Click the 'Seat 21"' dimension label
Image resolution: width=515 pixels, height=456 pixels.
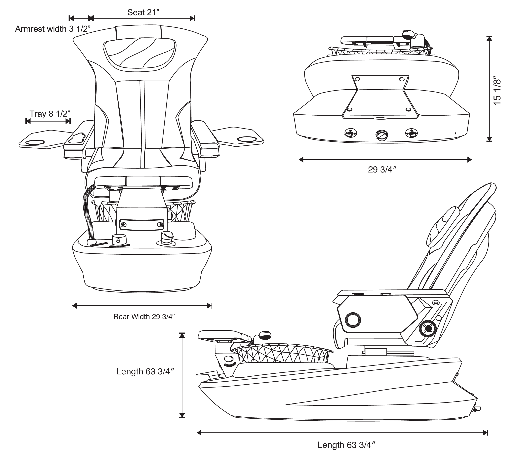(143, 12)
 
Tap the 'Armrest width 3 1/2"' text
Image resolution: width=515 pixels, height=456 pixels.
(52, 29)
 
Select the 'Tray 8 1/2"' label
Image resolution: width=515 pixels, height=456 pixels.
(50, 114)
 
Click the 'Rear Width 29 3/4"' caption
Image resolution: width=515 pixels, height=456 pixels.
(144, 317)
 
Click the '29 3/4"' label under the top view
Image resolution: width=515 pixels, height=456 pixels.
(382, 170)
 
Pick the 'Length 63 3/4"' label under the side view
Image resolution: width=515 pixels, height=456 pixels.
(347, 445)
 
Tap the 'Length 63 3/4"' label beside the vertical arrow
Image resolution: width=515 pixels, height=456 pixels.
(145, 371)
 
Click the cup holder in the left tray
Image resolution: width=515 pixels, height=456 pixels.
(35, 142)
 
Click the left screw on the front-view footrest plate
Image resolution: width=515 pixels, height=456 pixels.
(123, 224)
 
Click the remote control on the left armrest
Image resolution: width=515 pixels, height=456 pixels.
(77, 138)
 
